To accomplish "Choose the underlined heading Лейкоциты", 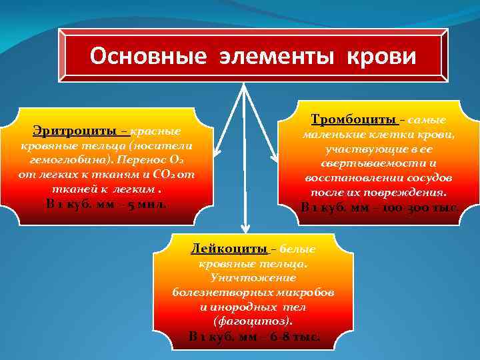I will [x=229, y=249].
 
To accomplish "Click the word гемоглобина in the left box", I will [x=63, y=161].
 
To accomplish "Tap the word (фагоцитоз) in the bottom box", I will [x=249, y=321].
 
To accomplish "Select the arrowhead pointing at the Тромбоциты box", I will [x=274, y=158].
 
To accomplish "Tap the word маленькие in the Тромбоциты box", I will [x=331, y=134].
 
